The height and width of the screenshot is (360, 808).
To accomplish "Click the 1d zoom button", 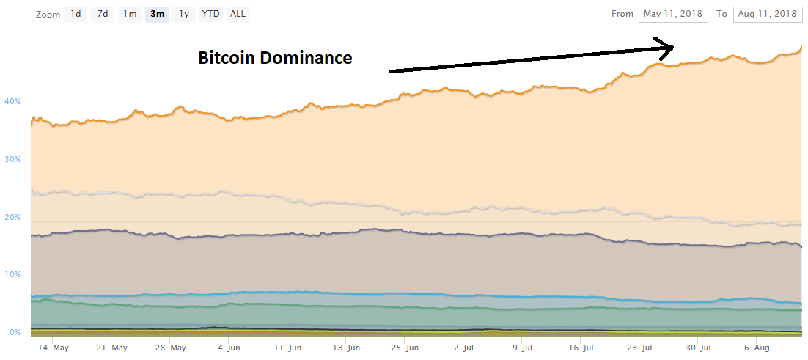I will (76, 14).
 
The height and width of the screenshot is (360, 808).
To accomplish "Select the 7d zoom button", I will (103, 14).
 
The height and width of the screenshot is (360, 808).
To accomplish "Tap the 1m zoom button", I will (130, 14).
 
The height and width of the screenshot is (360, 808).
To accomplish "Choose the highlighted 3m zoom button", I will (157, 14).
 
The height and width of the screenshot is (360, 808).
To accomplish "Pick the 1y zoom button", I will (184, 14).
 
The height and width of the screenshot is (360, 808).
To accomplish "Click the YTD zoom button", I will (211, 14).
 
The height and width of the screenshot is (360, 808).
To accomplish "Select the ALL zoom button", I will (238, 14).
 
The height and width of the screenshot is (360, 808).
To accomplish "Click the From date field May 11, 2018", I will (673, 14).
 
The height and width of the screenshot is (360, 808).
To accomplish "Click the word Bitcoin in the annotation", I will (226, 58).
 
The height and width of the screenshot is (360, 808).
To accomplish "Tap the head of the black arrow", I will (667, 48).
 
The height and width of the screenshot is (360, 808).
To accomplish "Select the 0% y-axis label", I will (14, 333).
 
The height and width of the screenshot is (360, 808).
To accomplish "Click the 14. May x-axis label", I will (54, 348).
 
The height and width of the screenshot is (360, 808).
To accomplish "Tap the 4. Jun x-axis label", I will (229, 348).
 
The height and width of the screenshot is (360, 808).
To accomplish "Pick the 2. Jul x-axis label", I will (463, 348).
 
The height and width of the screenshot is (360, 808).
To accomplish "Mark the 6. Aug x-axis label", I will (757, 348).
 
